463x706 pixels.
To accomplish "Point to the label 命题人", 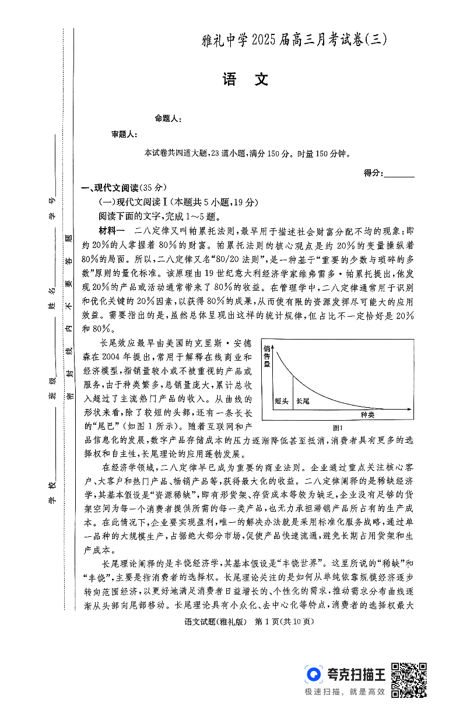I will pos(168,118).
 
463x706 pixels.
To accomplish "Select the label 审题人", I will pos(124,134).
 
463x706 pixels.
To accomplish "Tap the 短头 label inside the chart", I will pos(281,401).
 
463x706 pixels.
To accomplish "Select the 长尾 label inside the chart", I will pos(303,401).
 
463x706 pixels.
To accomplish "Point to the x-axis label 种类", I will pos(367,414).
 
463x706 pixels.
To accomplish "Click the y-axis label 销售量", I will pos(268,356).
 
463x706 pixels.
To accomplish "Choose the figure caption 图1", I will pos(337,428).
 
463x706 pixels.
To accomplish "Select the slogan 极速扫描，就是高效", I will pos(345,691).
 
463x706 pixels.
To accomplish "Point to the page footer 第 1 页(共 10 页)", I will pos(284,621).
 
